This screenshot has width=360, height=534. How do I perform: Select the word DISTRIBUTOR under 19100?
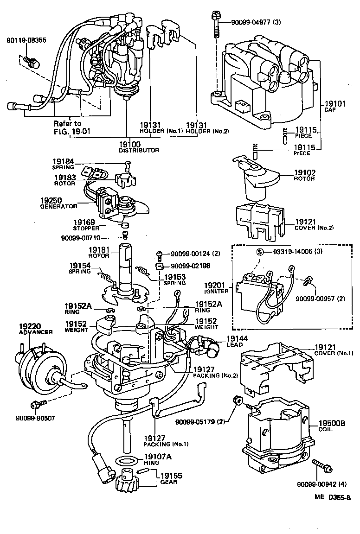tap(139, 150)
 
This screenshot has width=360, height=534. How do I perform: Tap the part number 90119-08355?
tap(26, 40)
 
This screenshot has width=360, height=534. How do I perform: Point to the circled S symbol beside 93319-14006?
tap(260, 252)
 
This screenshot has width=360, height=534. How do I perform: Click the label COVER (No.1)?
tap(334, 353)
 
